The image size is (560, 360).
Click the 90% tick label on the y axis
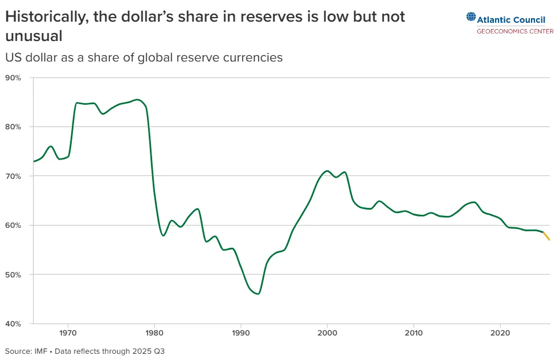[x=13, y=78]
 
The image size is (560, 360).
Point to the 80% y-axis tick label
[x=13, y=127]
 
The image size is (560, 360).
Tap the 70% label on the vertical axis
[x=13, y=176]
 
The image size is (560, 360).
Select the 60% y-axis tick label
[x=13, y=226]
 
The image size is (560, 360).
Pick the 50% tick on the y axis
[x=13, y=275]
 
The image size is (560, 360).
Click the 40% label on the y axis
[x=13, y=324]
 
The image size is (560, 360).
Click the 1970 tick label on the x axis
[x=68, y=333]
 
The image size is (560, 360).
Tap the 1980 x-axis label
[x=154, y=333]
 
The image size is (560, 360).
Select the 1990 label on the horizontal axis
[x=241, y=333]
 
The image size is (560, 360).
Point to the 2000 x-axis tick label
[x=327, y=333]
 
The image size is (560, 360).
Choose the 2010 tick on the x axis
[x=414, y=333]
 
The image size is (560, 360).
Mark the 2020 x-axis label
[x=500, y=333]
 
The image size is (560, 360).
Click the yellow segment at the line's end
[x=546, y=236]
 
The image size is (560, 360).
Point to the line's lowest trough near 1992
[x=258, y=294]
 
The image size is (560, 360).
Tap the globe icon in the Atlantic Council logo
[x=471, y=17]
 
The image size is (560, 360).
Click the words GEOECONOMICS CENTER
[x=516, y=31]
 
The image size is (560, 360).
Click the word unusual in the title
[x=34, y=36]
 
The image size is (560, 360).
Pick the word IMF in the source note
[x=40, y=351]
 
